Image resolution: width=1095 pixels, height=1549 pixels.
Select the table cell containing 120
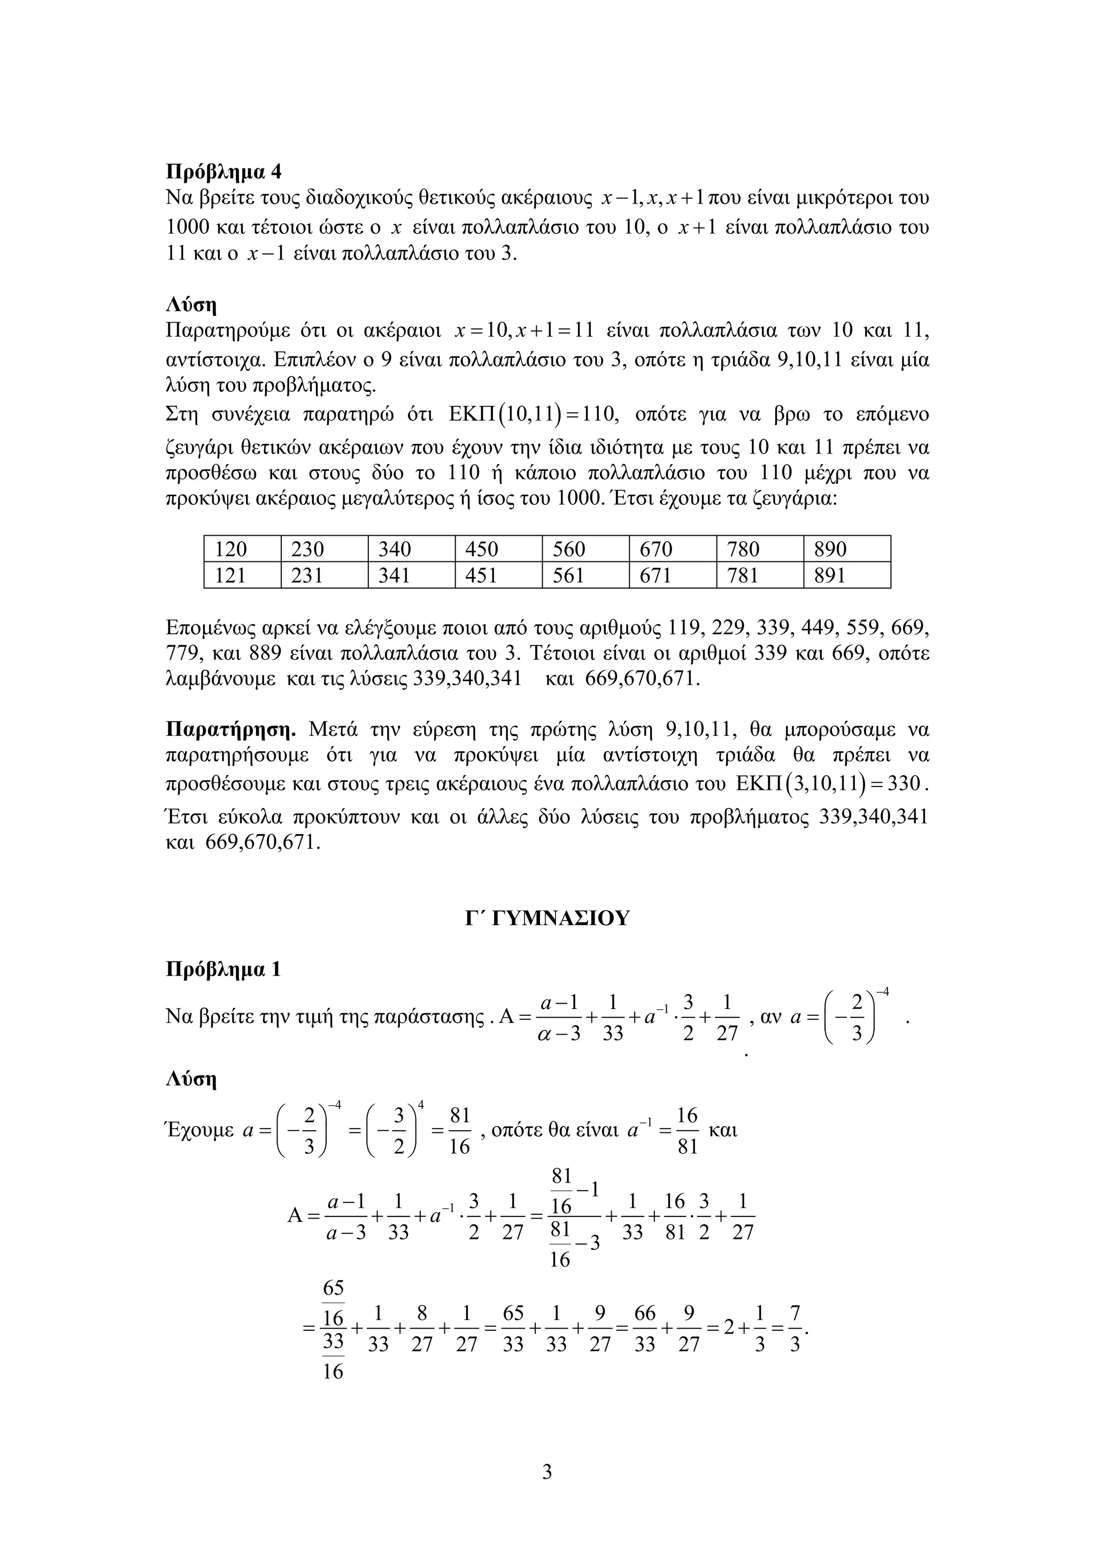pyautogui.click(x=232, y=549)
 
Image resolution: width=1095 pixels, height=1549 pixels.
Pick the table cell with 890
pyautogui.click(x=830, y=549)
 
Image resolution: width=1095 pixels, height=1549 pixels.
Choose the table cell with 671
pyautogui.click(x=656, y=575)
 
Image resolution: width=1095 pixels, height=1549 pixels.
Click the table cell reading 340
pyautogui.click(x=395, y=549)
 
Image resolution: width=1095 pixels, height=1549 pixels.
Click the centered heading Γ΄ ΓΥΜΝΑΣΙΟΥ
pyautogui.click(x=546, y=918)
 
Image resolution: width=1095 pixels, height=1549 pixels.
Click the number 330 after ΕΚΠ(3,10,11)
pyautogui.click(x=904, y=784)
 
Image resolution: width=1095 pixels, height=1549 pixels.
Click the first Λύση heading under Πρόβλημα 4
pyautogui.click(x=191, y=306)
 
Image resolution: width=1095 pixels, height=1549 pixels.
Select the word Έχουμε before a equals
pyautogui.click(x=199, y=1130)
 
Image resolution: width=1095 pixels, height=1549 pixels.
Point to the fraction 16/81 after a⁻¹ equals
pyautogui.click(x=687, y=1130)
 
